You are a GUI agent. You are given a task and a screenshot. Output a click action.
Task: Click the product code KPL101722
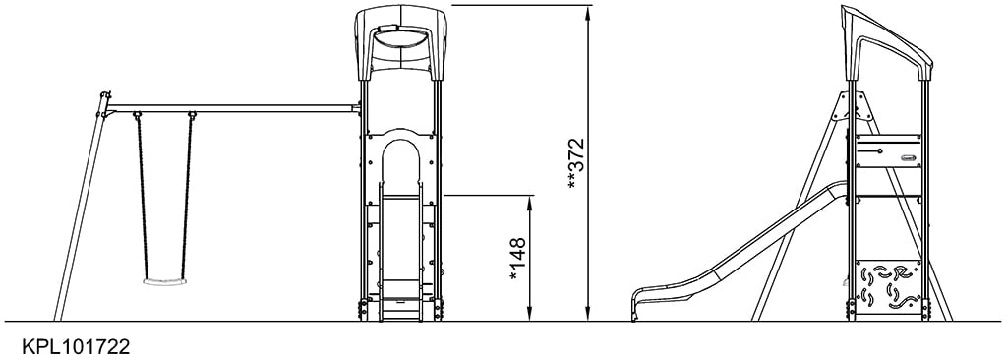point(69,347)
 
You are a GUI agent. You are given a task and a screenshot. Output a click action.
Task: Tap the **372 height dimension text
point(577,162)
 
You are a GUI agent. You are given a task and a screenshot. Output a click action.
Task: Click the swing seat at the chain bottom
point(163,281)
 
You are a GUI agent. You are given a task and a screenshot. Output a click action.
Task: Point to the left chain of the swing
point(142,197)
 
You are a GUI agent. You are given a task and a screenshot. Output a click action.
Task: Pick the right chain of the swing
point(187,197)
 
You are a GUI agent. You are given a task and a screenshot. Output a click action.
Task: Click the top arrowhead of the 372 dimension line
point(588,9)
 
